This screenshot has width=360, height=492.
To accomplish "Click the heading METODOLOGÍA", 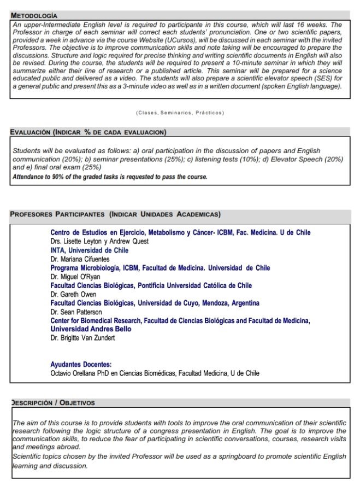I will pos(34,16).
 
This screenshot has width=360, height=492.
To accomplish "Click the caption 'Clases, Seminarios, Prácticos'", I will pos(180,113).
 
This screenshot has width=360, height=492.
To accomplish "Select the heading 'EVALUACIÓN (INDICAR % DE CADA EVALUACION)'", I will pos(88,133).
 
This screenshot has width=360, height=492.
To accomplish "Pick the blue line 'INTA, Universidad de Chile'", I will pos(90,250).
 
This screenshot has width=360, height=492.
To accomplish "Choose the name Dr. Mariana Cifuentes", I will pos(80,259).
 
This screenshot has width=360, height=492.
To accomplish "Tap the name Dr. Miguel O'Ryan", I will pos(75,277).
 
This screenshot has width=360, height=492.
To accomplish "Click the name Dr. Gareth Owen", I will pos(73,295).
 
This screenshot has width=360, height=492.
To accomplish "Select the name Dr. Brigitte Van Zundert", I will pos(82,338).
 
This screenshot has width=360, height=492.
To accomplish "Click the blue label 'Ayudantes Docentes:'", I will pos(81,364).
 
